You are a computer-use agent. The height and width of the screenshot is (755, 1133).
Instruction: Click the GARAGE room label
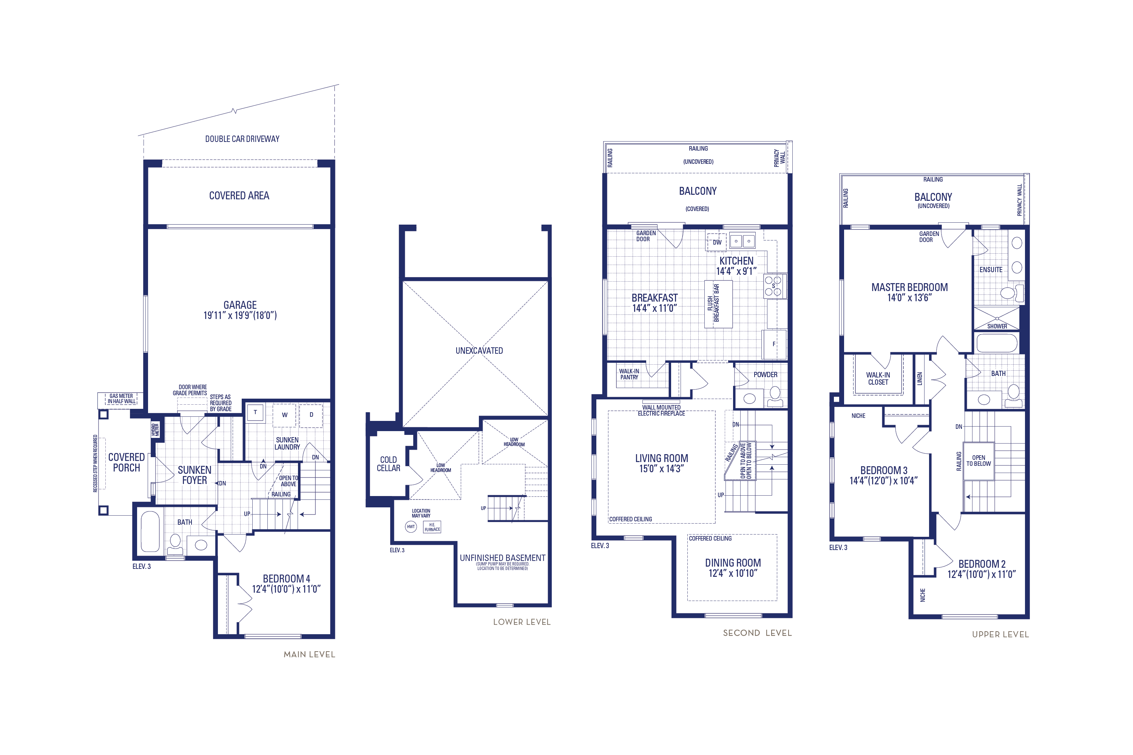(240, 305)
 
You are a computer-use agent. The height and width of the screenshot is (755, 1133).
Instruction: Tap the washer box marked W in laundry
(284, 415)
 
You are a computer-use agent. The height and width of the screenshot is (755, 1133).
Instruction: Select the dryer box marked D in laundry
(311, 415)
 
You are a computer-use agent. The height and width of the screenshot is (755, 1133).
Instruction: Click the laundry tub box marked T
(255, 413)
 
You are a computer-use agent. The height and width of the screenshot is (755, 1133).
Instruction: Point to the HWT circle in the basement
(411, 527)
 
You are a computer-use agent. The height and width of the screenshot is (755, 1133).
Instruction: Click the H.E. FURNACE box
(432, 527)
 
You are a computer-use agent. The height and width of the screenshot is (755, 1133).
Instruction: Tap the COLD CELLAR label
(388, 464)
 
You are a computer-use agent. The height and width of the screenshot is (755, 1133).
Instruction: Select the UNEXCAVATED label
(479, 351)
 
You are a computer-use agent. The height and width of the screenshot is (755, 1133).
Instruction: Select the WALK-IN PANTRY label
(629, 374)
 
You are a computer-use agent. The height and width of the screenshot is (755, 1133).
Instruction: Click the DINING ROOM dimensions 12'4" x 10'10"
(733, 573)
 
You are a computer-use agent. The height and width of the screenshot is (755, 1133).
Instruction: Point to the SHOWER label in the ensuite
(997, 327)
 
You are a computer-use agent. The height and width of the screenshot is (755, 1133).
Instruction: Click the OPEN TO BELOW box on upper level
(979, 461)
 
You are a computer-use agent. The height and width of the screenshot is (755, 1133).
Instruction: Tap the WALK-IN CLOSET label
(878, 379)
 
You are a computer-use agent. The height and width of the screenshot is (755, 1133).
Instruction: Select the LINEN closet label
(920, 379)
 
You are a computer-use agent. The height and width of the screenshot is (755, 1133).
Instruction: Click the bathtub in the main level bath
(150, 532)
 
